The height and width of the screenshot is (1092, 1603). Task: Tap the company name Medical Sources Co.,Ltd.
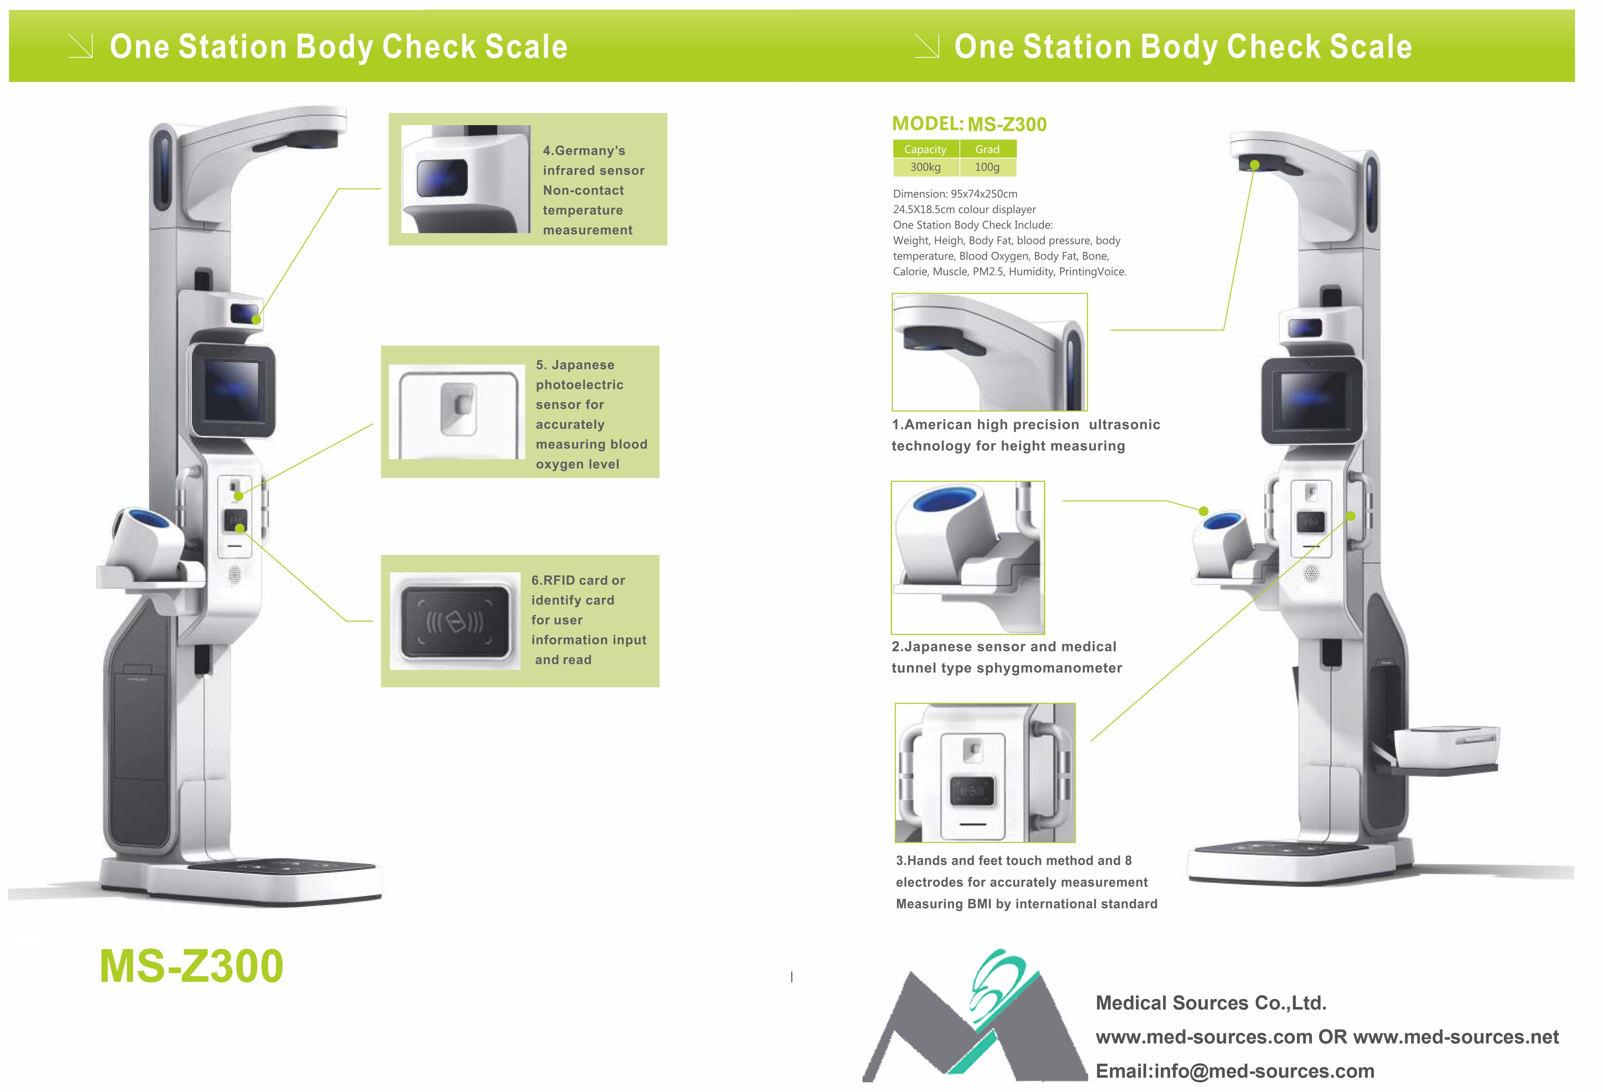[1210, 1002]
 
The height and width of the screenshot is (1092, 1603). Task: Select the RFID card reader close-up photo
[455, 621]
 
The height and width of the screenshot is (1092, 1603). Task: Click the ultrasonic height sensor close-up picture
[989, 352]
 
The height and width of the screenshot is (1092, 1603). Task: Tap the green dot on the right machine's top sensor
[1255, 165]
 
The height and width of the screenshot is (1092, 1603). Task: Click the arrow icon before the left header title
[81, 46]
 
